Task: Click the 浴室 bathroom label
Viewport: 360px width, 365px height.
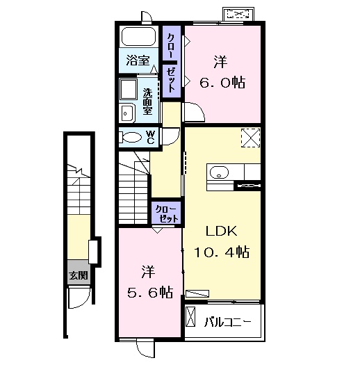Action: [138, 60]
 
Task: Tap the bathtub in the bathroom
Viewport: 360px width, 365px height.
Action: [139, 37]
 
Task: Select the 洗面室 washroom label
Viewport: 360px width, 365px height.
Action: [148, 102]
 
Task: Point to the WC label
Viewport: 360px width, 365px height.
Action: [151, 137]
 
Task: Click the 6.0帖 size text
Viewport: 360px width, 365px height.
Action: [222, 83]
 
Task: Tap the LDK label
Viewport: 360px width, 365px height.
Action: [222, 231]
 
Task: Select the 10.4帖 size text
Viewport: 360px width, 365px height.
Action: [222, 252]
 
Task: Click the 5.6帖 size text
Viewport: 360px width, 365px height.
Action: [150, 293]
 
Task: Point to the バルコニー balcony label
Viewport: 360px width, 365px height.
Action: [228, 322]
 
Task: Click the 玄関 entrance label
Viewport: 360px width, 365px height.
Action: [79, 275]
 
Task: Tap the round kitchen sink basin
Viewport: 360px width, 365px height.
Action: [219, 172]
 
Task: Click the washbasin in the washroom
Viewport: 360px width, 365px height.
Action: [127, 113]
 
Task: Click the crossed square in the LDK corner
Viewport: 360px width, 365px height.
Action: [250, 138]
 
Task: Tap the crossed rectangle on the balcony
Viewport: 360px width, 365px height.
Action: [190, 317]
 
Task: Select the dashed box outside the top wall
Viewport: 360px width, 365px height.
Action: [238, 14]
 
